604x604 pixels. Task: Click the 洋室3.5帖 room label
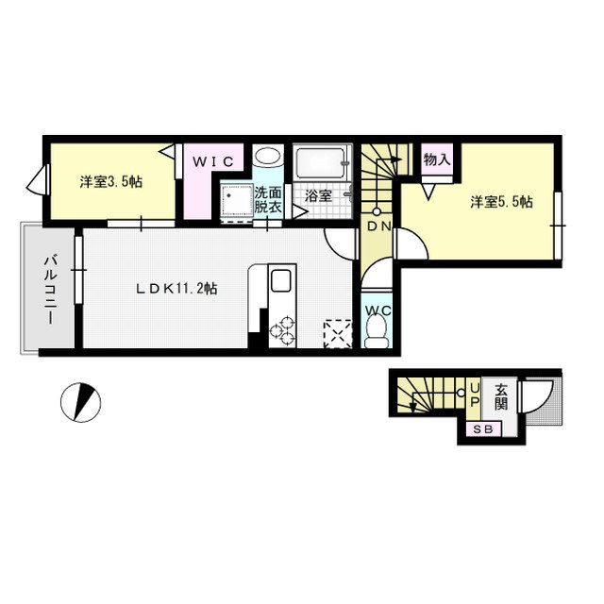point(111,182)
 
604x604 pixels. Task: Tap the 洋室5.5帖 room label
point(502,202)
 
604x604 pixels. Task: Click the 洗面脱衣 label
point(266,200)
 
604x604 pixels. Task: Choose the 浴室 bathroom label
point(317,197)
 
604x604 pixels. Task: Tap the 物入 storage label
point(436,159)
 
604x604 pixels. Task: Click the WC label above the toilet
point(377,310)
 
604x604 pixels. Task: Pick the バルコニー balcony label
point(49,288)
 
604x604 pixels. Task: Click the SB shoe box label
point(480,430)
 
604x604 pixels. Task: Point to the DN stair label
point(378,226)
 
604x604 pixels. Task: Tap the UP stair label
point(475,396)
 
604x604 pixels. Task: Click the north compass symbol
point(80,402)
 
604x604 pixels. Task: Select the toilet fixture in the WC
point(377,331)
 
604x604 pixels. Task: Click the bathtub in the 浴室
point(321,164)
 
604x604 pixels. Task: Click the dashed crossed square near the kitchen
point(336,333)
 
